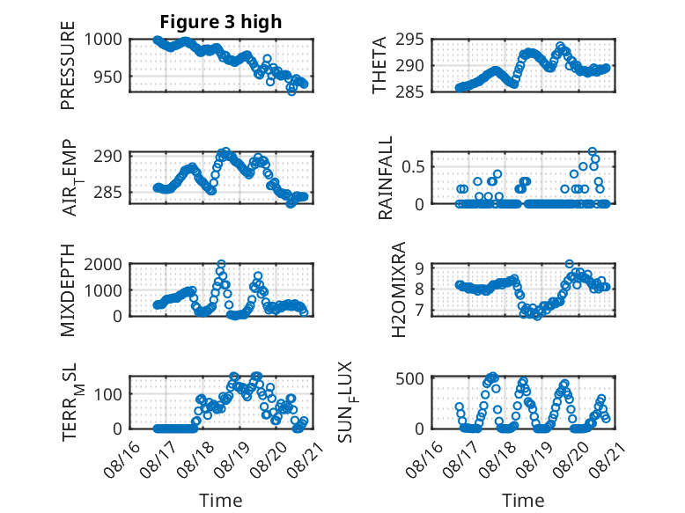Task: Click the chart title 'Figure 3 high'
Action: [221, 22]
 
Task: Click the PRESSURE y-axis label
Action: [68, 65]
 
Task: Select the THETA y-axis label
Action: [379, 65]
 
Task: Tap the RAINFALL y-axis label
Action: [386, 178]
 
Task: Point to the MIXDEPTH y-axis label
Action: [68, 290]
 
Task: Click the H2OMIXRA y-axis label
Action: [399, 289]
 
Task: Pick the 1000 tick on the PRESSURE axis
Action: [103, 40]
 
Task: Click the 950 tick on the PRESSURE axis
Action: [108, 77]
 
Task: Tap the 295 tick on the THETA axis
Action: [409, 40]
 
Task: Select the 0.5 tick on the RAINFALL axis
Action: [413, 166]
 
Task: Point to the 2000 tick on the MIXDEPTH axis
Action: [103, 264]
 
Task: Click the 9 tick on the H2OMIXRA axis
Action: [420, 267]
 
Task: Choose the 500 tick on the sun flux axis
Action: [409, 378]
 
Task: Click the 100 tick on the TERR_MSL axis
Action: [108, 394]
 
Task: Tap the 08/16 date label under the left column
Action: [122, 459]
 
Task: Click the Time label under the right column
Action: [523, 500]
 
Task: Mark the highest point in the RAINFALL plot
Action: [593, 151]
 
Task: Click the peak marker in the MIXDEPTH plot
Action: [222, 264]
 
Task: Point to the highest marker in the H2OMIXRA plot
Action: [569, 264]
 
